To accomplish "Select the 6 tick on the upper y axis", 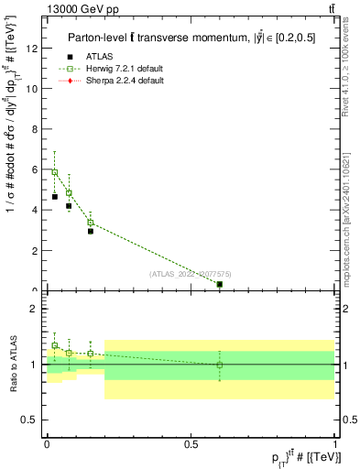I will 38,169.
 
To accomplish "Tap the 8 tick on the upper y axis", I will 38,129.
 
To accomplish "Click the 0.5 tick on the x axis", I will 191,442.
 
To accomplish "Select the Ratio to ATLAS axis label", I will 12,364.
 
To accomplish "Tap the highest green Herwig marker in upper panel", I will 55,172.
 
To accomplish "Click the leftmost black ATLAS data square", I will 55,197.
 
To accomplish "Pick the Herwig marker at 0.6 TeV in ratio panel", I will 220,365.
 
